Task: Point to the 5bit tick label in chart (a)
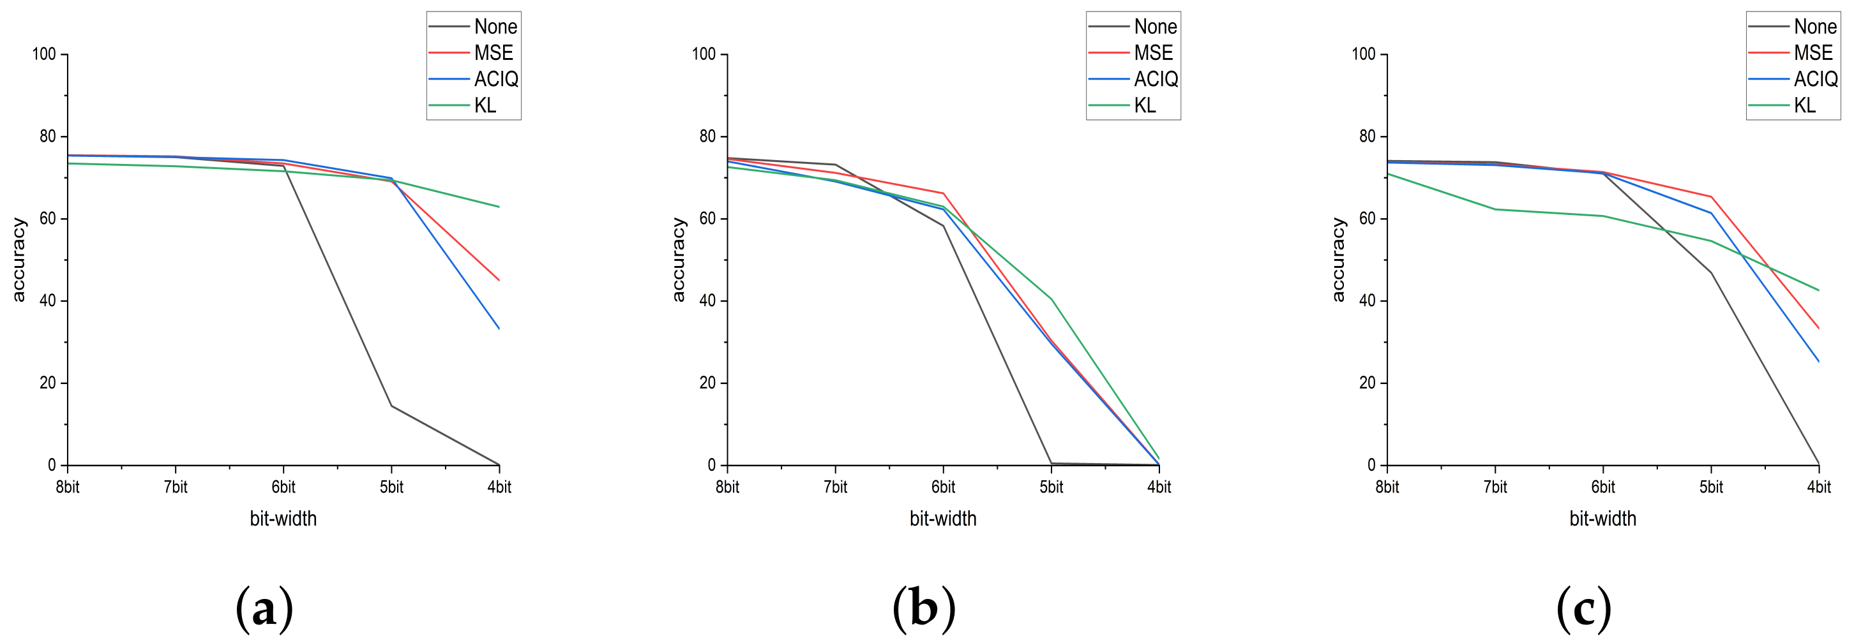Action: click(x=391, y=487)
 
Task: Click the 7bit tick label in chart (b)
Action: click(x=835, y=487)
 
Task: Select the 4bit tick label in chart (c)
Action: click(x=1818, y=487)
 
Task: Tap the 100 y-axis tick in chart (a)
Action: click(x=44, y=54)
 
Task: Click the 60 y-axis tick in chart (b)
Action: click(x=707, y=219)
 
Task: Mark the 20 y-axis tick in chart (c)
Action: click(x=1367, y=383)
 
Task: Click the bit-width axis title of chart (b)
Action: click(x=943, y=519)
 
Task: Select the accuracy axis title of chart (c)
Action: click(x=1338, y=260)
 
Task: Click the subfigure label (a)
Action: click(x=264, y=609)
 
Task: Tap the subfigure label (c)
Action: click(x=1583, y=609)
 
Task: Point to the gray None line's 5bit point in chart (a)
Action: click(x=391, y=406)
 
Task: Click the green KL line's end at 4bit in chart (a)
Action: click(x=498, y=207)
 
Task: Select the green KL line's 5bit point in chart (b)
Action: click(x=1051, y=299)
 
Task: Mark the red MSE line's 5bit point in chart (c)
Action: click(x=1711, y=196)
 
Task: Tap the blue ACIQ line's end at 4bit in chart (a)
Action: click(x=498, y=328)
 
